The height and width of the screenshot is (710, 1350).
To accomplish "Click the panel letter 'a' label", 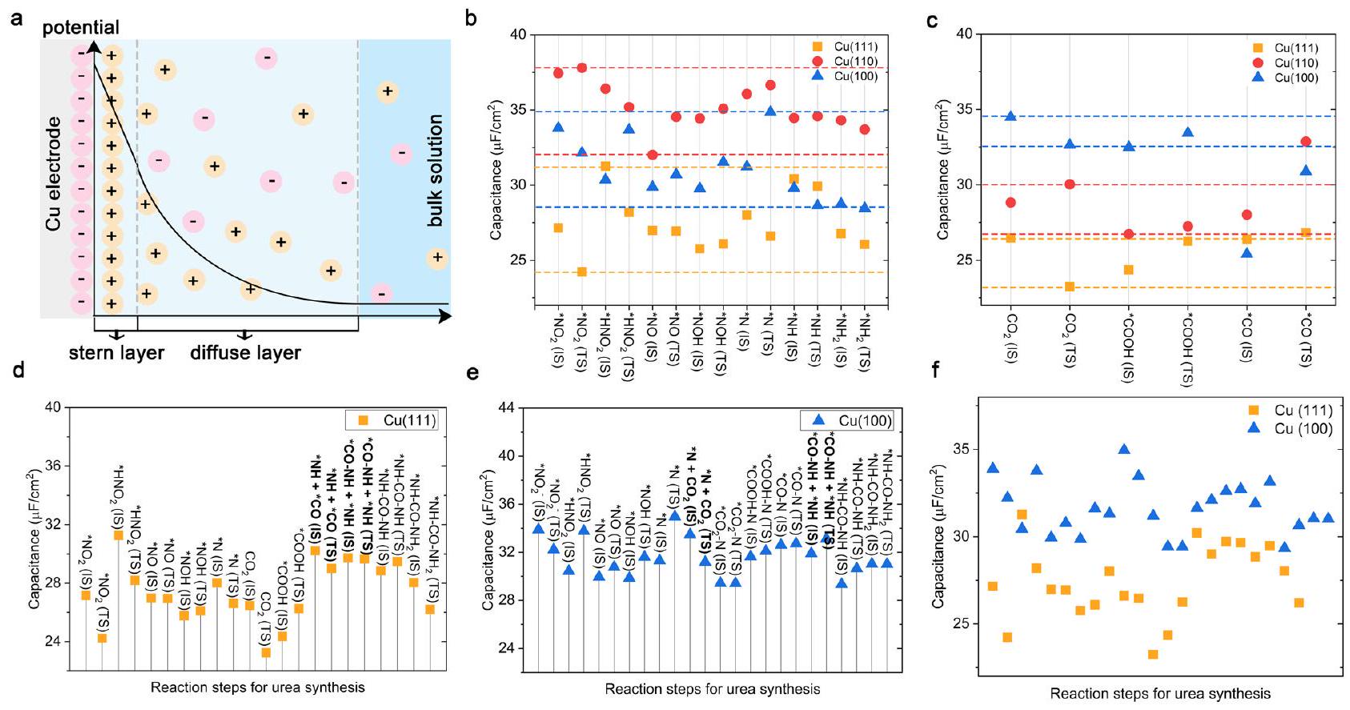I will coord(17,18).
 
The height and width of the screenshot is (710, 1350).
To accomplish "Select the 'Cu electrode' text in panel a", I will coord(54,174).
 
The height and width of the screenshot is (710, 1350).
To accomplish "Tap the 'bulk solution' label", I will coord(435,170).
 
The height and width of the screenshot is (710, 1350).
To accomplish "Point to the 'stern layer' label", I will coord(116,353).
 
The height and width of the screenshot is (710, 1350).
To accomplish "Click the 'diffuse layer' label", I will coord(245,353).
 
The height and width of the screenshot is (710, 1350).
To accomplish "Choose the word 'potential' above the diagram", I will coord(80,28).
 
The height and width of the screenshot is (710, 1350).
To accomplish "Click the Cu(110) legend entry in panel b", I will coord(846,62).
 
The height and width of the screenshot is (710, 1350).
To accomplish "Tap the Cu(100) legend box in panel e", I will coord(854,420).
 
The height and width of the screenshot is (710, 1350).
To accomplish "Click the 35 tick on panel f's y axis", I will coord(961,449).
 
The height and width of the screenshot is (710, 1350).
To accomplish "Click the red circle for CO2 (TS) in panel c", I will coord(1069,184).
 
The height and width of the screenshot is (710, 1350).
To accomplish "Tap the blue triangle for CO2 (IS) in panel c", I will coord(1010,116).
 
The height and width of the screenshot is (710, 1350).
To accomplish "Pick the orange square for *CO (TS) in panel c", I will coord(1305,233).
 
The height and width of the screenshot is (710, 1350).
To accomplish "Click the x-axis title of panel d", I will coord(257,688).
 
